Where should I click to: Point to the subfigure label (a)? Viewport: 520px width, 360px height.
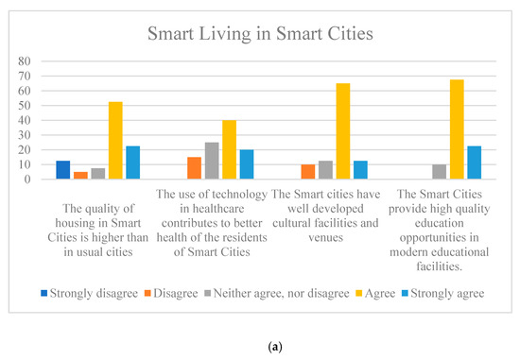point(261,343)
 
